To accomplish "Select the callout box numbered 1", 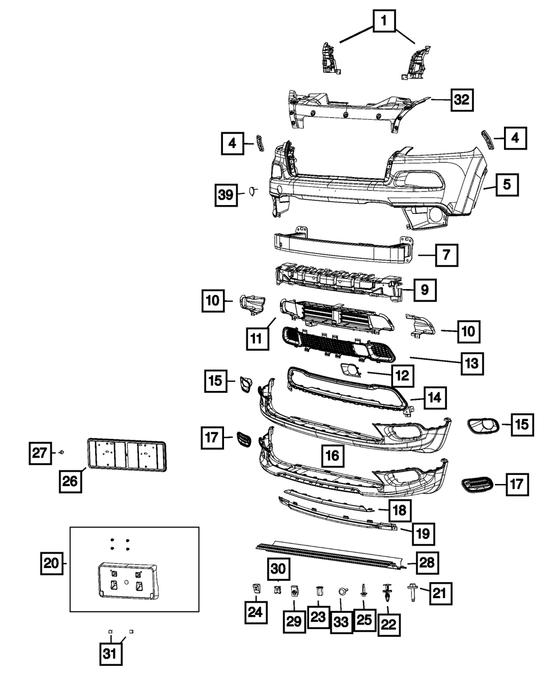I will pos(384,22).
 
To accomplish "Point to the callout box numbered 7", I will pos(446,255).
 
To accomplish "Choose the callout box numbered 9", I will pos(425,290).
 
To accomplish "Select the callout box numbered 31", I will pos(112,654).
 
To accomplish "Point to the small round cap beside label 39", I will pos(252,192).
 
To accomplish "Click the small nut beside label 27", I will pos(62,451).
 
